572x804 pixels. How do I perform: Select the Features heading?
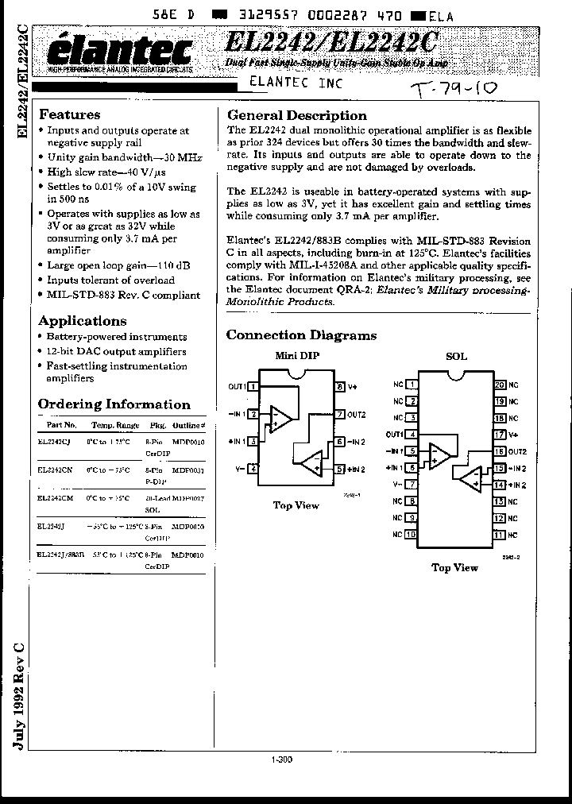click(70, 114)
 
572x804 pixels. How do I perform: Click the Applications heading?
click(83, 321)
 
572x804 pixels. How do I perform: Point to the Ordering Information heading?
click(114, 404)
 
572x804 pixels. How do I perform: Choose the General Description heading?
click(297, 115)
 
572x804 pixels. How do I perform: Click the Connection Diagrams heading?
click(301, 335)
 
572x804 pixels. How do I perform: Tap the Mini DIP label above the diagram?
click(296, 355)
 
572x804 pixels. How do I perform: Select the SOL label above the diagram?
click(456, 357)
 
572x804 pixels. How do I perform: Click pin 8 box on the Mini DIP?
click(339, 387)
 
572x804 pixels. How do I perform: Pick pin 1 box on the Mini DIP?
click(253, 387)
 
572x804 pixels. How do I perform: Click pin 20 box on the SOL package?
click(499, 385)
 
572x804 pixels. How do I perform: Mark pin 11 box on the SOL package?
click(499, 535)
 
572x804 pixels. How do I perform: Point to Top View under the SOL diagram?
click(454, 567)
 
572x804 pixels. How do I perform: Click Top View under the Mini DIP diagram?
click(296, 505)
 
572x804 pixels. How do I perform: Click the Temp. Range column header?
click(114, 426)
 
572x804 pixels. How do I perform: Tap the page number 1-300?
click(282, 760)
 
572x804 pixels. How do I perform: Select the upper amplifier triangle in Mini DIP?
click(280, 417)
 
